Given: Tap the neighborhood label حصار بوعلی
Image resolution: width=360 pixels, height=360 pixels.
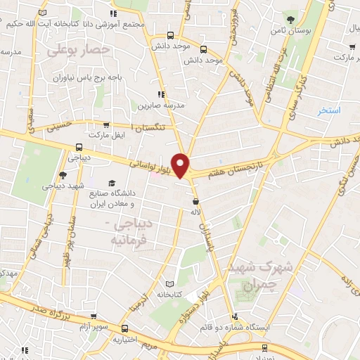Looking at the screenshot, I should (x=79, y=50).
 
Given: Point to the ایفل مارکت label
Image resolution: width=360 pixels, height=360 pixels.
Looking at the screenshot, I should (x=106, y=134).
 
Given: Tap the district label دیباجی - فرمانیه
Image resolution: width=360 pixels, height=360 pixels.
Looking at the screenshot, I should (x=136, y=232).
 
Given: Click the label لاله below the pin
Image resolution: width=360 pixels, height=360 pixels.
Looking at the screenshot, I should (x=196, y=210).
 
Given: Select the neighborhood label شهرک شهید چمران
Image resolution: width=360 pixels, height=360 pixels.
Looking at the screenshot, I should (x=251, y=276).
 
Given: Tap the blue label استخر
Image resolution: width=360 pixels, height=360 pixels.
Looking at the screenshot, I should (x=328, y=110).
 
